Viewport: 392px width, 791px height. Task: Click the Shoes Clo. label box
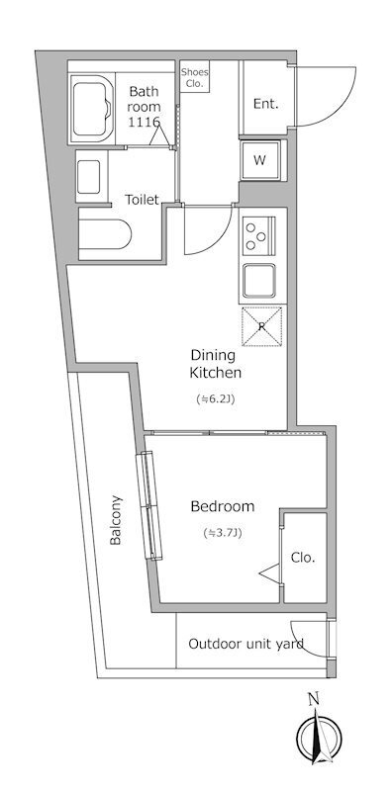[194, 77]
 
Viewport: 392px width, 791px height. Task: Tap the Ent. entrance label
[265, 104]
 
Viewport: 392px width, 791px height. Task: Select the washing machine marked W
[260, 160]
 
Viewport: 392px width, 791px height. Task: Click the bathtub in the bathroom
[92, 108]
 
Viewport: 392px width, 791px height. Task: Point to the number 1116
[144, 121]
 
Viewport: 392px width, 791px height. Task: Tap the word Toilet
[142, 200]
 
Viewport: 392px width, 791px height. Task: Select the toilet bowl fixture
[105, 234]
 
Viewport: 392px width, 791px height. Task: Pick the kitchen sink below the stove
[259, 280]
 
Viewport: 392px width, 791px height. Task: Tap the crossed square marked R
[261, 326]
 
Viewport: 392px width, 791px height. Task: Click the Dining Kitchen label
[215, 364]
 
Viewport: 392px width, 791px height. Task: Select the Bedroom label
[223, 506]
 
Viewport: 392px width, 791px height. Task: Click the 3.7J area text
[223, 532]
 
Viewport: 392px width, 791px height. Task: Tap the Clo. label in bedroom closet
[303, 558]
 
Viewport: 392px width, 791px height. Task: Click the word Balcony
[116, 520]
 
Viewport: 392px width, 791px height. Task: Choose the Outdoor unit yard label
[246, 644]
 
